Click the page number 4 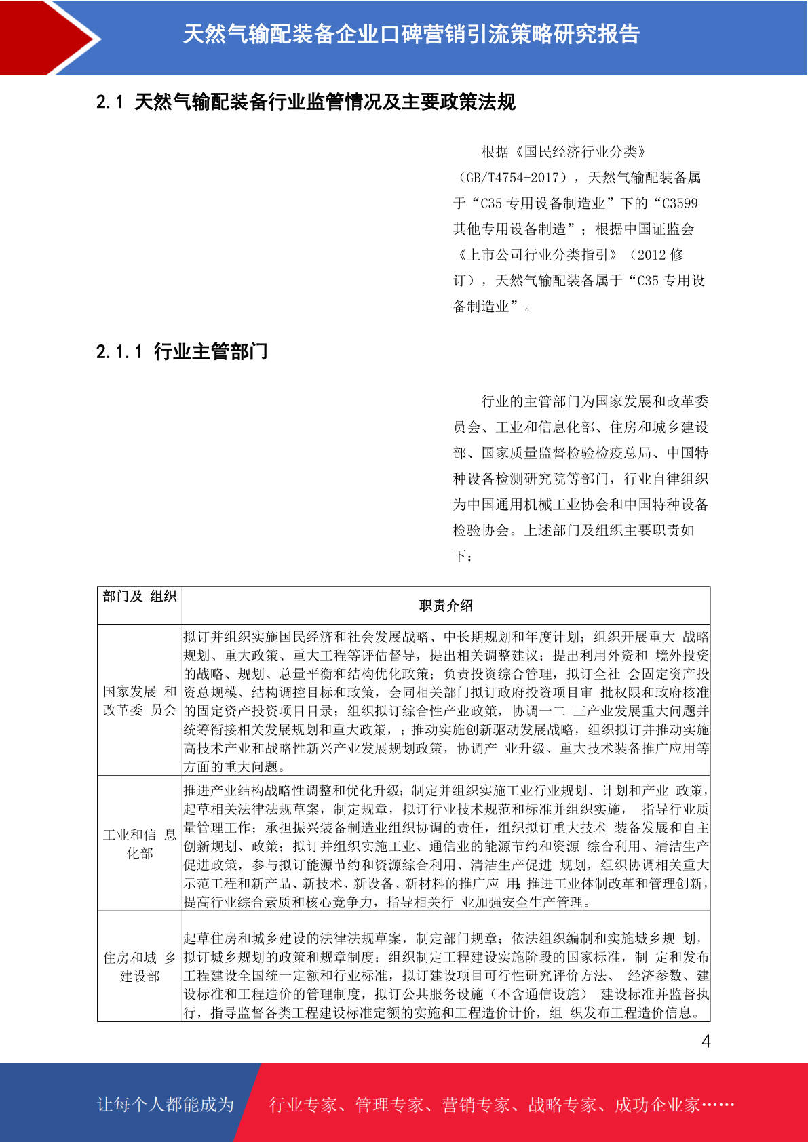click(x=706, y=1042)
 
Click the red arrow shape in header click(x=47, y=37)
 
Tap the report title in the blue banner click(x=411, y=34)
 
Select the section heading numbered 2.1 click(x=306, y=102)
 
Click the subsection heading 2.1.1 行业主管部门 click(x=182, y=351)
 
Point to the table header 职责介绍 click(x=446, y=606)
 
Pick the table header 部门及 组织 click(x=140, y=597)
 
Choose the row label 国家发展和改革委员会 click(x=140, y=701)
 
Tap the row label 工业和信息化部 click(x=140, y=844)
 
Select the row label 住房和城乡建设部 click(x=140, y=967)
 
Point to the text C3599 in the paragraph click(x=679, y=203)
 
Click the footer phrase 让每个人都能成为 click(x=166, y=1105)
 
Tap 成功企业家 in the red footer click(x=657, y=1105)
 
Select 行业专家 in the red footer click(x=303, y=1105)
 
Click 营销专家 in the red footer click(x=476, y=1105)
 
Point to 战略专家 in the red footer click(x=562, y=1105)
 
